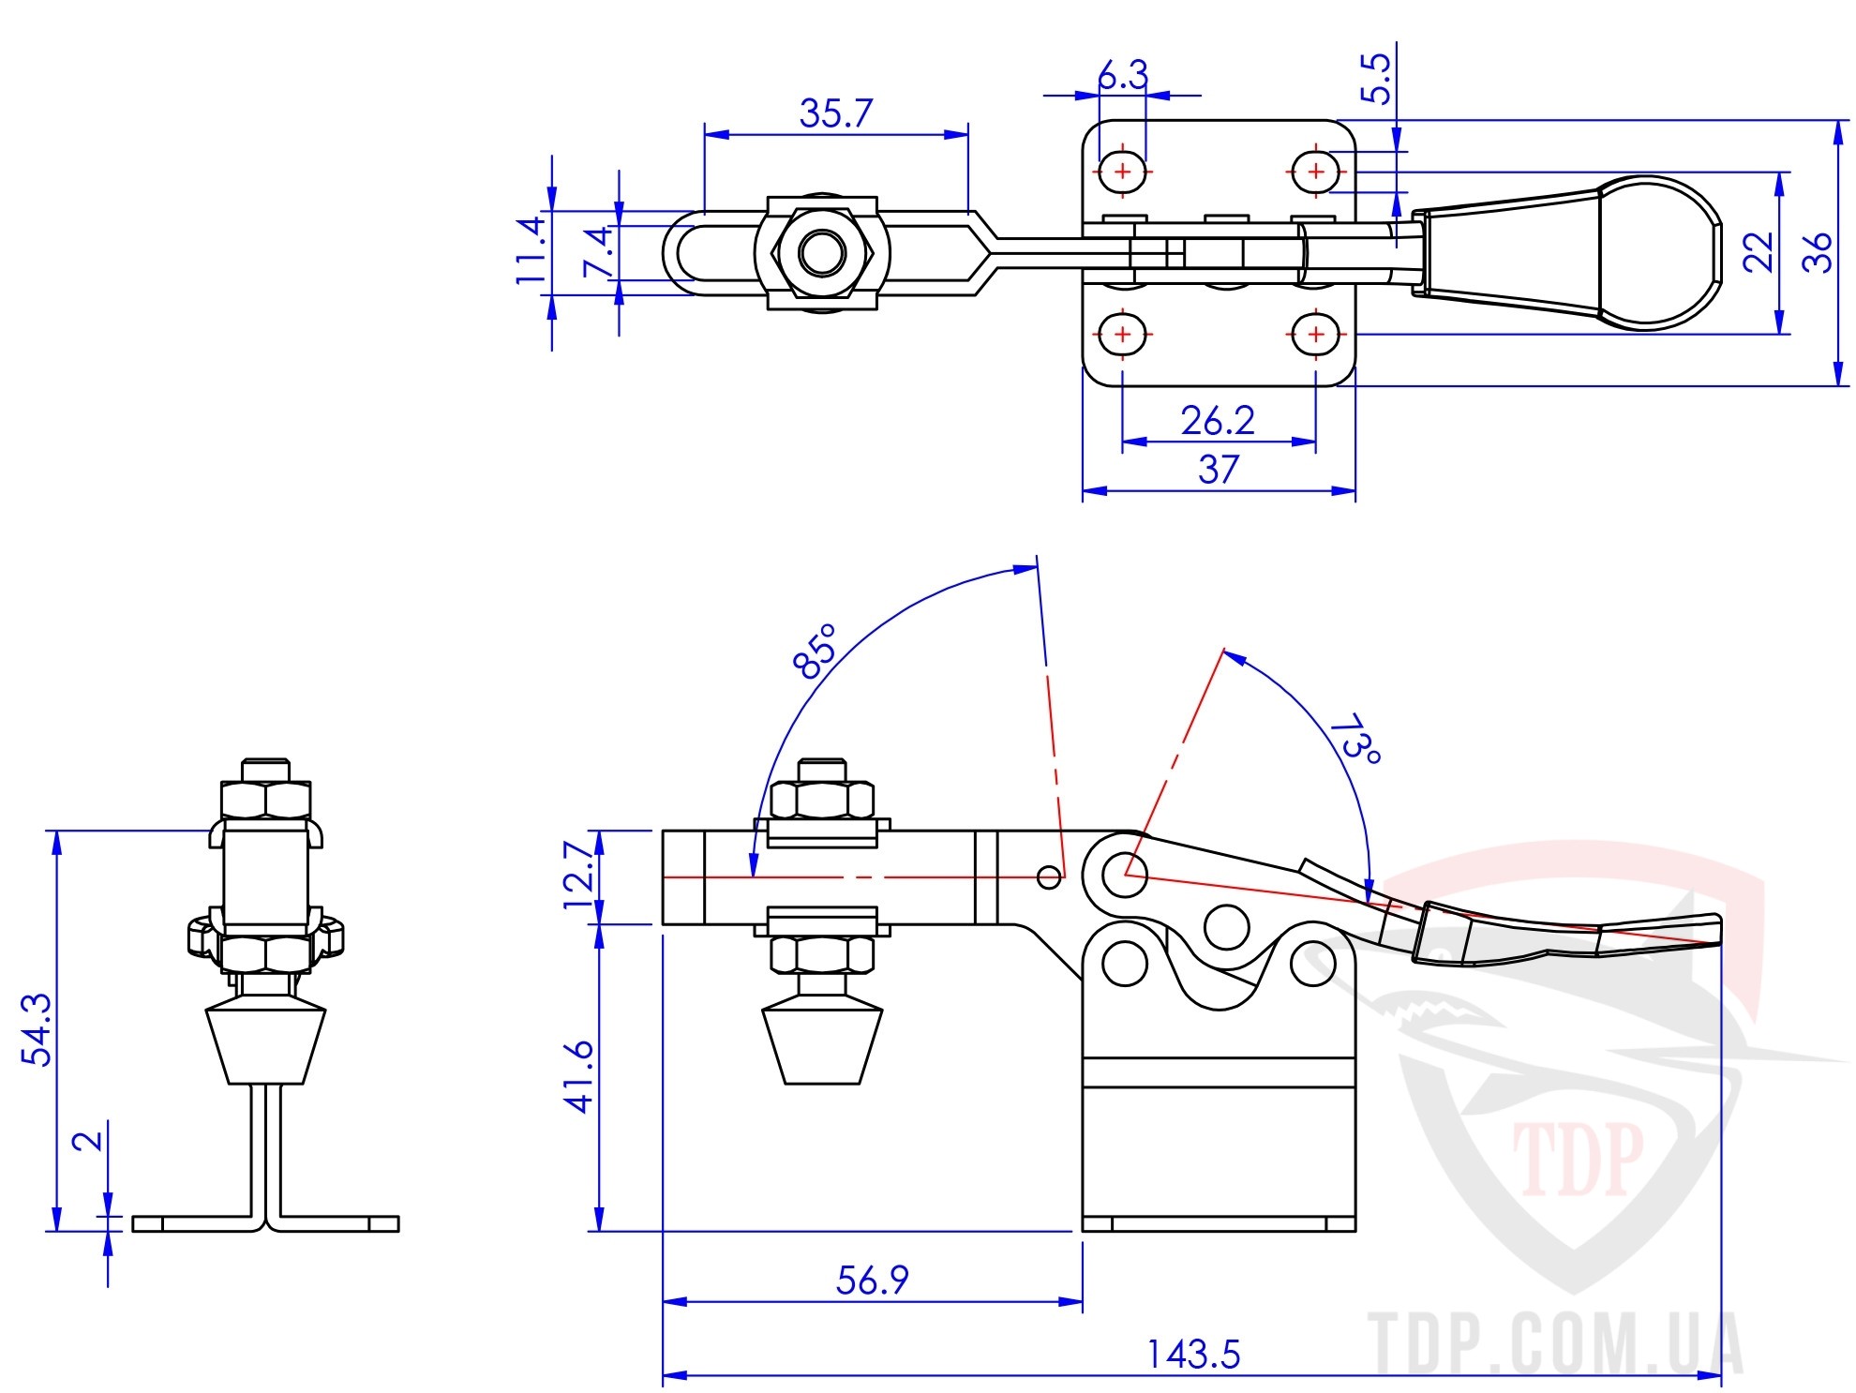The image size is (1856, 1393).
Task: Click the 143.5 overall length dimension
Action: (x=1193, y=1354)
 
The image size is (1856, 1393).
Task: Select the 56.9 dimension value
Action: (x=872, y=1280)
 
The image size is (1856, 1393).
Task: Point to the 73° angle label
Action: (x=1356, y=739)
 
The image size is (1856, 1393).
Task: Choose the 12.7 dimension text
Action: (x=579, y=876)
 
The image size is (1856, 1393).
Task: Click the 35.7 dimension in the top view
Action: (x=835, y=113)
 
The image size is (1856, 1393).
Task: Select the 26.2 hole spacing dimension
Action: (x=1218, y=421)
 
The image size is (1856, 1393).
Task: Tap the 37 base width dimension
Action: (x=1219, y=469)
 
